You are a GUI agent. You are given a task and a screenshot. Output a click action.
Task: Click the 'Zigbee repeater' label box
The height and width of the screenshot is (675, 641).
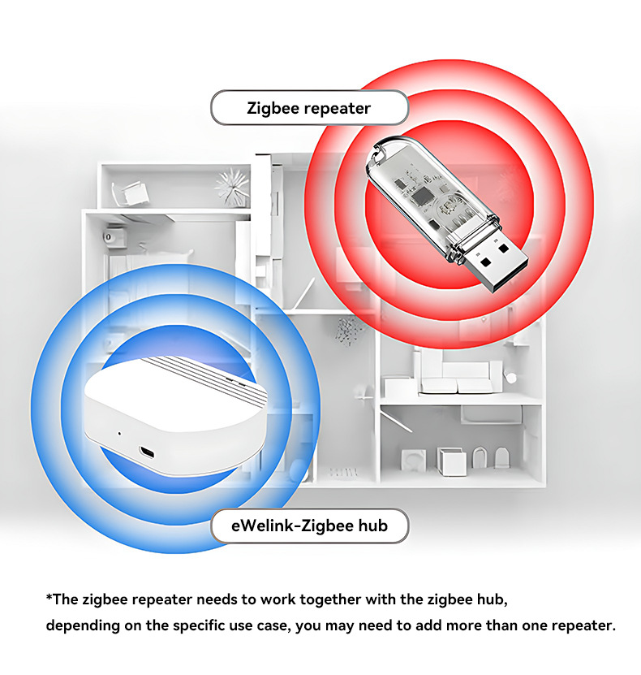click(308, 108)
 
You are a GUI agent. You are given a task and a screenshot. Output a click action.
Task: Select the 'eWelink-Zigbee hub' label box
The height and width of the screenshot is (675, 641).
click(309, 526)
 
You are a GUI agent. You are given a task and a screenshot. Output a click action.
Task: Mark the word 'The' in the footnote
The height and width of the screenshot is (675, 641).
click(67, 599)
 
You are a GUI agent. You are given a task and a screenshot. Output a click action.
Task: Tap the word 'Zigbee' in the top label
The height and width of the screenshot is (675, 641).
click(273, 108)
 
